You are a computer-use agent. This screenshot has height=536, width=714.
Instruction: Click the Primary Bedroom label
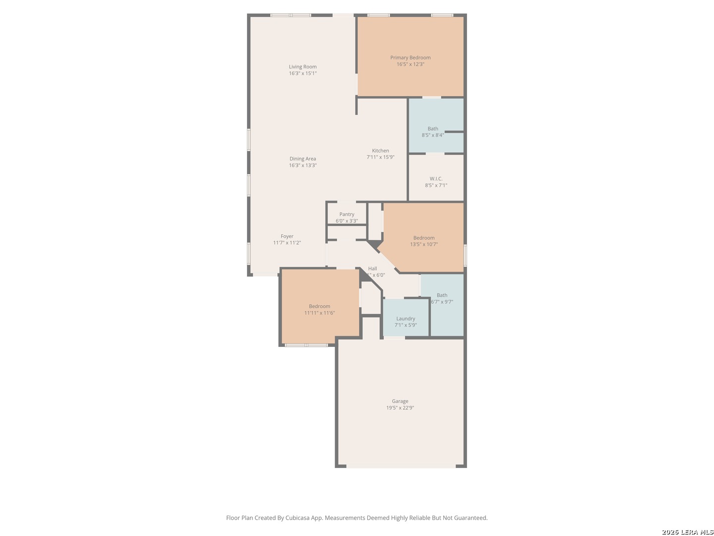(x=410, y=58)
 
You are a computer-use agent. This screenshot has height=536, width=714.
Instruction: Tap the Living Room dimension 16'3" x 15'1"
(x=302, y=73)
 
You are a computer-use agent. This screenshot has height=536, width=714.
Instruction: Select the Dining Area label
(x=302, y=159)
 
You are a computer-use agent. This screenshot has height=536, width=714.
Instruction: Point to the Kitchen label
(x=380, y=150)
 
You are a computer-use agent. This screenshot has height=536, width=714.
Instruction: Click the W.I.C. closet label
(x=436, y=179)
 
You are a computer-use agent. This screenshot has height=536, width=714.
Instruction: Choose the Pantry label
(x=347, y=214)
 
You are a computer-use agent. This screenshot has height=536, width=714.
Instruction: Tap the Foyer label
(x=287, y=236)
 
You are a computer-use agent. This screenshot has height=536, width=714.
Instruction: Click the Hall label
(x=372, y=268)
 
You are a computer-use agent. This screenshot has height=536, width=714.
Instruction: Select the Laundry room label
(x=405, y=319)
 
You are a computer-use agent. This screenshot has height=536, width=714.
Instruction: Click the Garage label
(x=400, y=401)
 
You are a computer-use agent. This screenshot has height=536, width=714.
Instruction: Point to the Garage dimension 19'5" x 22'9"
(x=400, y=408)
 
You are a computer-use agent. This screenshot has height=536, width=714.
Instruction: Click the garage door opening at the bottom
(x=401, y=466)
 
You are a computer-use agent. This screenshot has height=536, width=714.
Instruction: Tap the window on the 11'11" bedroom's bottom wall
(x=306, y=344)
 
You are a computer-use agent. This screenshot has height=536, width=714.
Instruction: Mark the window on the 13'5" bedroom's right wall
(x=465, y=256)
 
